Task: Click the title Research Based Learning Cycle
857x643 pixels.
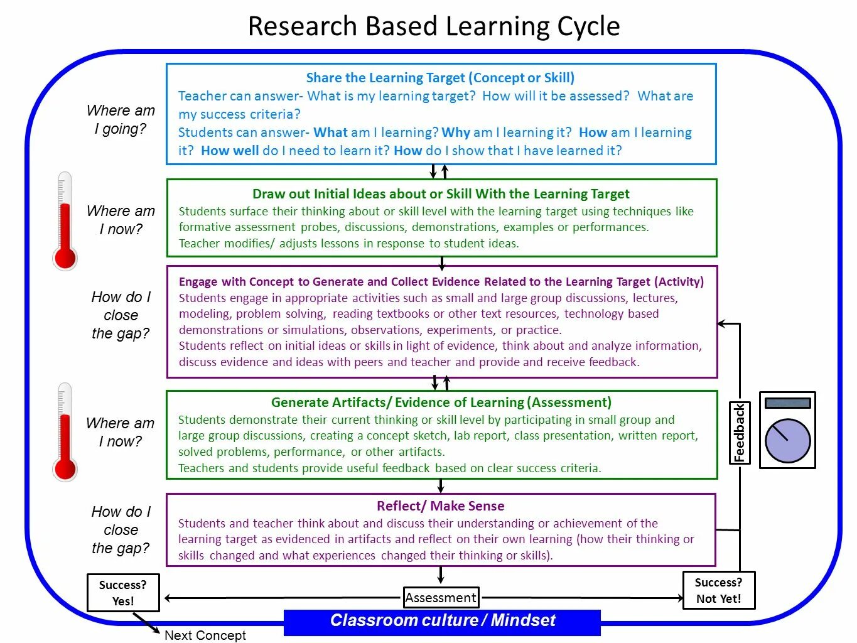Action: pos(434,26)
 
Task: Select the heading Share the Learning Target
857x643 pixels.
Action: pos(440,78)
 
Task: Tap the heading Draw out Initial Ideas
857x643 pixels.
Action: pos(441,194)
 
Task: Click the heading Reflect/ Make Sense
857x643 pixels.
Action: pos(440,506)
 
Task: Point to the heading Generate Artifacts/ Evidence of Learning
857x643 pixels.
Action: pos(441,403)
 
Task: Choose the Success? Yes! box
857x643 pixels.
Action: pos(123,593)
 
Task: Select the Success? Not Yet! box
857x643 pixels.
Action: pos(718,590)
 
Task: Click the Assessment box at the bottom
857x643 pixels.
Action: pos(441,598)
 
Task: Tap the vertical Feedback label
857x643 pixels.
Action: pos(740,433)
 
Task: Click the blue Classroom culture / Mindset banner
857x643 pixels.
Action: pos(442,622)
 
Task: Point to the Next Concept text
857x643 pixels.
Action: pos(205,635)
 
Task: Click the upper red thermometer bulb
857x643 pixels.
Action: pos(65,257)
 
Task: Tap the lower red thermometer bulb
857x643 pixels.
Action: pos(65,468)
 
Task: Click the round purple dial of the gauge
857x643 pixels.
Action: pos(787,441)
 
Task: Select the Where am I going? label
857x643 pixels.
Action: pos(121,119)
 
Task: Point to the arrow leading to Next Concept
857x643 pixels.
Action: pos(147,624)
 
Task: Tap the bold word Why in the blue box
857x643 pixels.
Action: pos(456,132)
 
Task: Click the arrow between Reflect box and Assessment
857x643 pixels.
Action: pos(441,575)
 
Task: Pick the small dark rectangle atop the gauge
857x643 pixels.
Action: pos(787,403)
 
